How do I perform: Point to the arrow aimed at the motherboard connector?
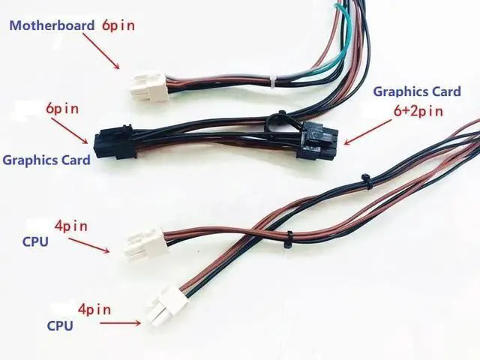pos(102,52)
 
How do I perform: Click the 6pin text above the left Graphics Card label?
pos(62,109)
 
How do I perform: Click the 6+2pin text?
pos(418,111)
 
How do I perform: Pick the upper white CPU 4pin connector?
pos(142,243)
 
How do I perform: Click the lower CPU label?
pos(60,325)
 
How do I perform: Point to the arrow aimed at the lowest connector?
pos(120,323)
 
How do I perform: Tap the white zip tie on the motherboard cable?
pos(274,79)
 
